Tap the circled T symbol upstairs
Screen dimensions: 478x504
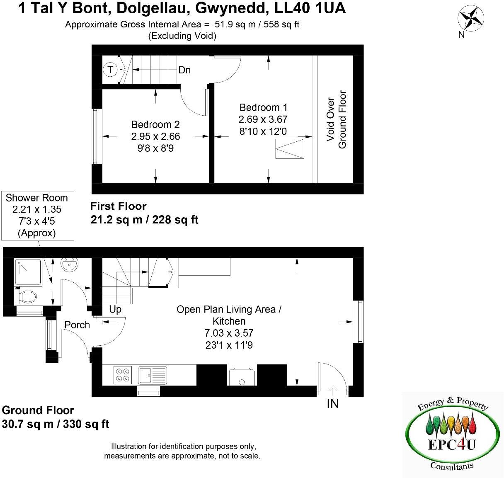pos(110,69)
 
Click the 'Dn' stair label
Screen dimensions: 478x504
pos(184,70)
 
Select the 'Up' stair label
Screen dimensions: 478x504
pos(115,309)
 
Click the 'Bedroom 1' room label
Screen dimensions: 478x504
pos(263,107)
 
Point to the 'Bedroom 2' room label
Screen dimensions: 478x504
pos(155,124)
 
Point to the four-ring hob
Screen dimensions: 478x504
pos(123,375)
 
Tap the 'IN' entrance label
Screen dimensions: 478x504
pos(332,403)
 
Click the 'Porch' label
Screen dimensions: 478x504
pos(77,325)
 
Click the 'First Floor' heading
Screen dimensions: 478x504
pos(119,206)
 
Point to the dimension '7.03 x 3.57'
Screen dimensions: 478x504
pos(229,333)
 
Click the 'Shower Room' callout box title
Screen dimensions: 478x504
pos(37,198)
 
